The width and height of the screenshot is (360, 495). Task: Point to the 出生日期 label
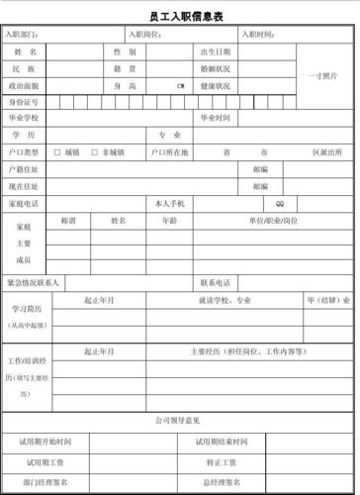215,51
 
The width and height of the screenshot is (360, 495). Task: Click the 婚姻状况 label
215,68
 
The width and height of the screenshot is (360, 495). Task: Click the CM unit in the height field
181,86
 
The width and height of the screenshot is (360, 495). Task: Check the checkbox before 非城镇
94,152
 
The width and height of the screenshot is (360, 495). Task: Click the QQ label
280,203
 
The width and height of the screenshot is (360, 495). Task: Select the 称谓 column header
68,219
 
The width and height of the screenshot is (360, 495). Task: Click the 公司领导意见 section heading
179,421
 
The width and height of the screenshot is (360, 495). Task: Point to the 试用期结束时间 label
222,440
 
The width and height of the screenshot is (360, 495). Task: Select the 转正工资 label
222,462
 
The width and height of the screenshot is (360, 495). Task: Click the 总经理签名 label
222,482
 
